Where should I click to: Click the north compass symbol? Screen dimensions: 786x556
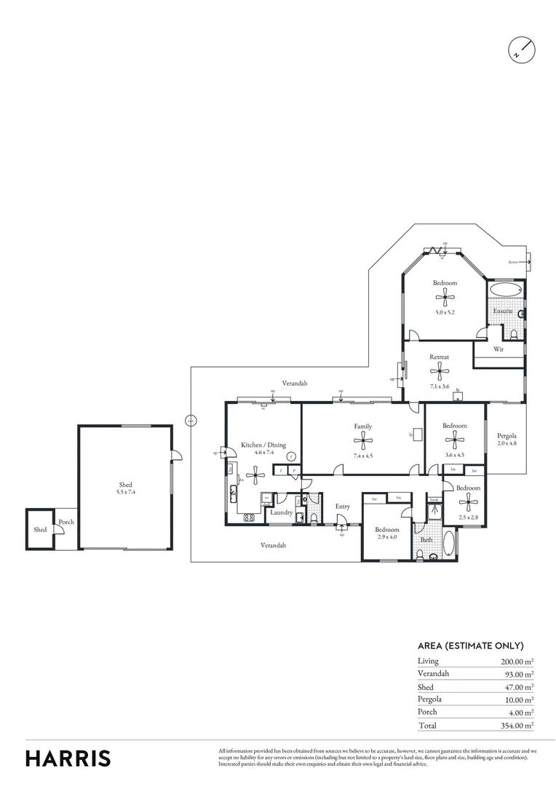(x=522, y=49)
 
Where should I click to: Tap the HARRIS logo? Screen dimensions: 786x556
(x=68, y=758)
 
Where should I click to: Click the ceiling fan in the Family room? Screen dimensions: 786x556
(x=362, y=439)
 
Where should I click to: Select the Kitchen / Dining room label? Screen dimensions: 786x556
(x=258, y=445)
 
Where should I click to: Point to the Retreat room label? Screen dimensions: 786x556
(x=439, y=357)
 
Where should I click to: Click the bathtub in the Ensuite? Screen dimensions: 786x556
(x=505, y=289)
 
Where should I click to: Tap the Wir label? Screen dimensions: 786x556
(x=499, y=349)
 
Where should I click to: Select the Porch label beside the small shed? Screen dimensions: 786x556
(x=66, y=522)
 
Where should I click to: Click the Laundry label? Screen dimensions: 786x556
(x=281, y=512)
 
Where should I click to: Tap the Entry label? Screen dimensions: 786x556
(x=343, y=507)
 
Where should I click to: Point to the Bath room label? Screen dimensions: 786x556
(x=426, y=540)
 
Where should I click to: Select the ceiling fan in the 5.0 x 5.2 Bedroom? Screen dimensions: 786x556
(x=444, y=295)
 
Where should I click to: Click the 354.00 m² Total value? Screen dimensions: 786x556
(x=517, y=726)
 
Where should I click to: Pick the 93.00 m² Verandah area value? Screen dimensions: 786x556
(x=519, y=675)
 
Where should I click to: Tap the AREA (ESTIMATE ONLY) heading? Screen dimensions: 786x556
(x=470, y=646)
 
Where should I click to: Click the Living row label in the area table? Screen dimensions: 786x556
(x=428, y=661)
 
